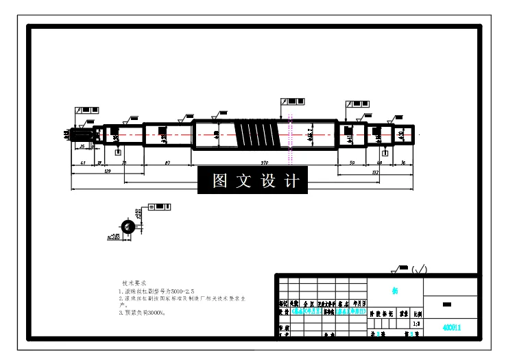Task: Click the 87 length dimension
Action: (168, 163)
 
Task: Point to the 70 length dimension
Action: (124, 163)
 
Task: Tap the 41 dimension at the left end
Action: (83, 163)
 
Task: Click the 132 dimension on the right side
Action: (375, 173)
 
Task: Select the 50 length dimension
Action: (352, 163)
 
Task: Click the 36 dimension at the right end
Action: (403, 163)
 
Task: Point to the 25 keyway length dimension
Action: (82, 146)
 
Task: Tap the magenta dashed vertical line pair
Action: (291, 137)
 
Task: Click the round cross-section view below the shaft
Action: (127, 227)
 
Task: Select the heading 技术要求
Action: (135, 283)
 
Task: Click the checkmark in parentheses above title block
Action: (419, 268)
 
